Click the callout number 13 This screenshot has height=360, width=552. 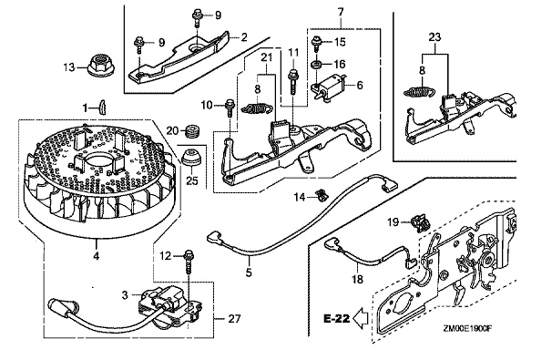click(x=68, y=67)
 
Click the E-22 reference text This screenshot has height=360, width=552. click(x=336, y=318)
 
